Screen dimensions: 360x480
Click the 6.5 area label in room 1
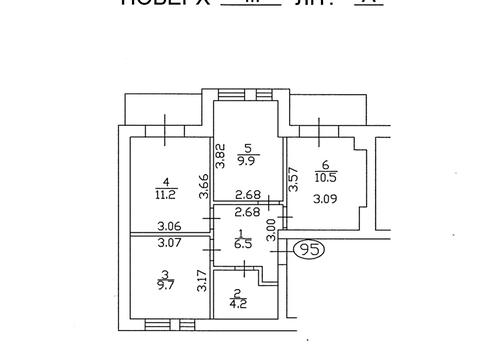click(x=240, y=242)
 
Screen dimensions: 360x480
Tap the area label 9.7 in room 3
click(x=163, y=285)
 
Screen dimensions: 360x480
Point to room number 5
click(x=247, y=144)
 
